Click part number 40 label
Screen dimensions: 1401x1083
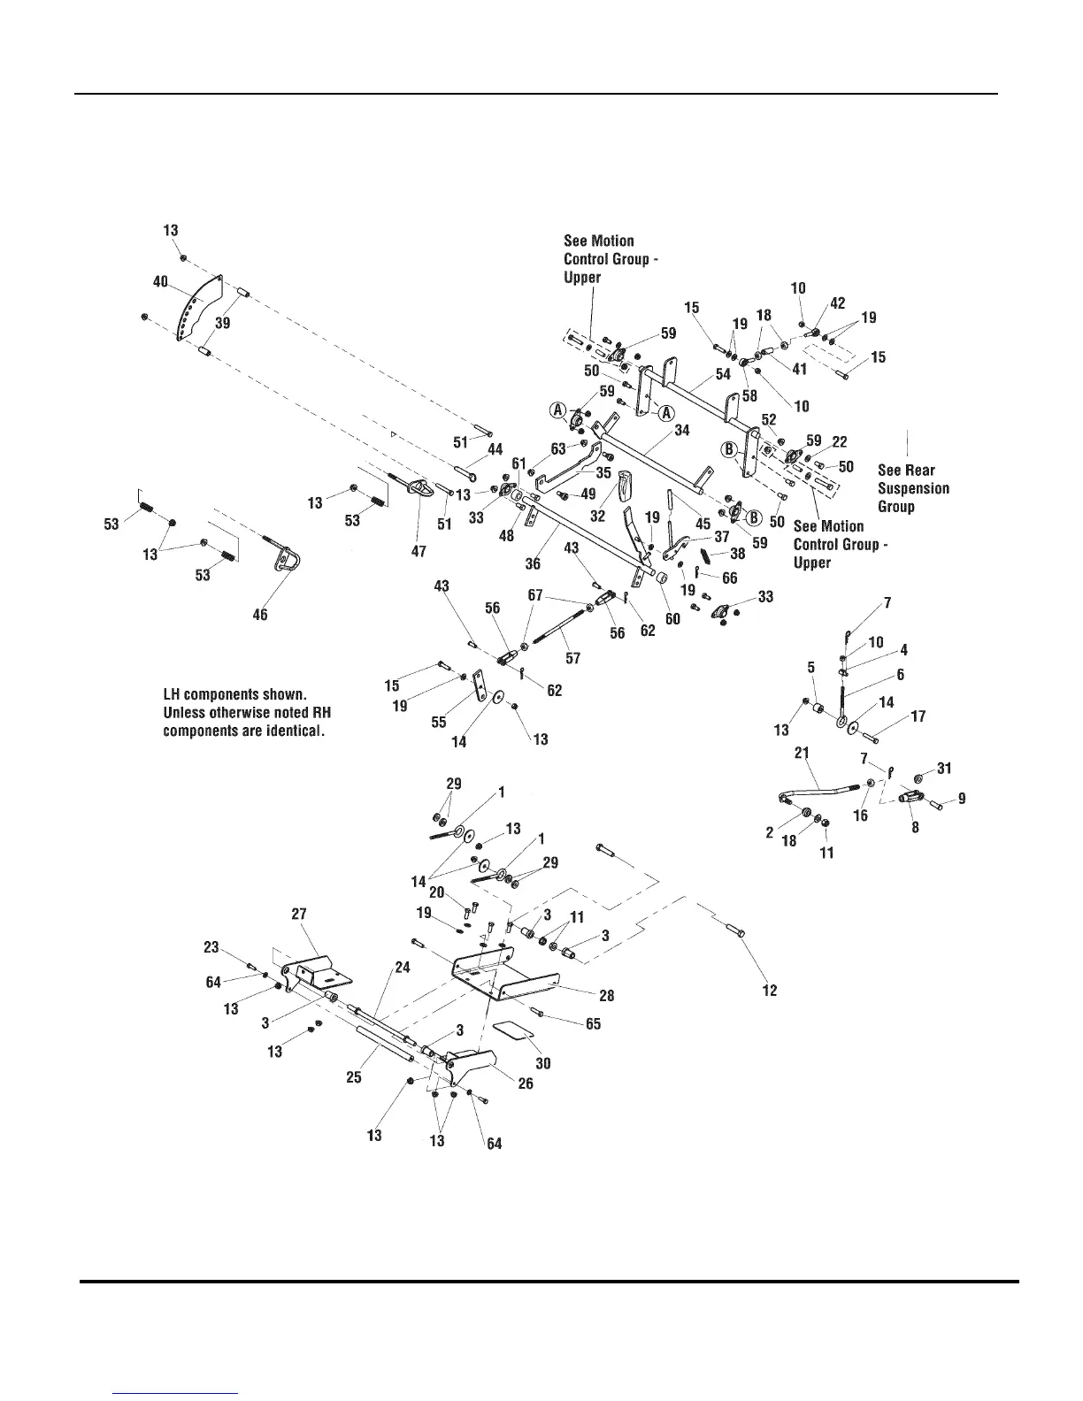coord(160,281)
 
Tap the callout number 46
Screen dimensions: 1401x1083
coord(260,614)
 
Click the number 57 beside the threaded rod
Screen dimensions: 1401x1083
coord(573,659)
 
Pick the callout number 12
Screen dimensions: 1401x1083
coord(770,990)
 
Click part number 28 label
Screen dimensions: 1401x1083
coord(607,996)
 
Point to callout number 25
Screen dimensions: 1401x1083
coord(354,1077)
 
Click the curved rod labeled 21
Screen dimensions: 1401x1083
coord(823,784)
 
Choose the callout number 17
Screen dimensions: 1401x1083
coord(918,716)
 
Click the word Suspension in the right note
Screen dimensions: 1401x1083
coord(913,488)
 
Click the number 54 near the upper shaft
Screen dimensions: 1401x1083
coord(723,374)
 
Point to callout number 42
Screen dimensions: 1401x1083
coord(837,303)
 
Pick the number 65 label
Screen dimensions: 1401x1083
coord(593,1023)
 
